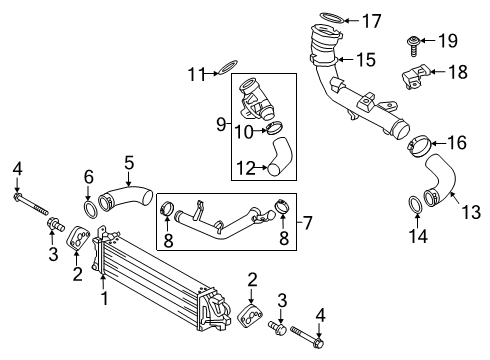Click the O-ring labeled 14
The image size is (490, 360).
coord(413,206)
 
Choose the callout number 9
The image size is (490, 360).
coord(221,125)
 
